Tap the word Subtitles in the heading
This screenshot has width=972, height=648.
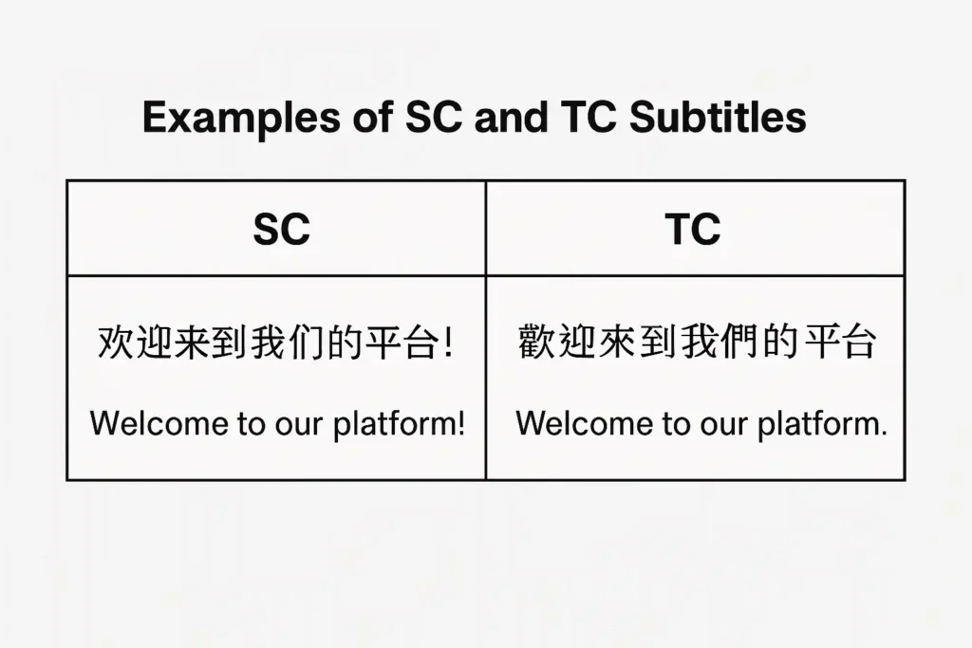[x=718, y=117]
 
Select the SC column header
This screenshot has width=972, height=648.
[x=281, y=230]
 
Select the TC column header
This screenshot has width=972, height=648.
[x=693, y=230]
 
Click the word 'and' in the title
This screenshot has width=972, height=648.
[x=512, y=117]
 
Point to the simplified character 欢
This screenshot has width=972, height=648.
[x=116, y=342]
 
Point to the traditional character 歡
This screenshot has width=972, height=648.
[x=537, y=342]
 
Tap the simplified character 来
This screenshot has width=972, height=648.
[x=193, y=342]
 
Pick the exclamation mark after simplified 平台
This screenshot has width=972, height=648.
[x=448, y=343]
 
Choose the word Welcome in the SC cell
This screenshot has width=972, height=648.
[x=159, y=424]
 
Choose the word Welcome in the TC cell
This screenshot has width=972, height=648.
[x=584, y=424]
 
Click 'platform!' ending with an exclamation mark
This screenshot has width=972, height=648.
[x=400, y=425]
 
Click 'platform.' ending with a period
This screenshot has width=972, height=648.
[x=823, y=425]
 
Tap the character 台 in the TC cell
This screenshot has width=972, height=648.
[x=858, y=342]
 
